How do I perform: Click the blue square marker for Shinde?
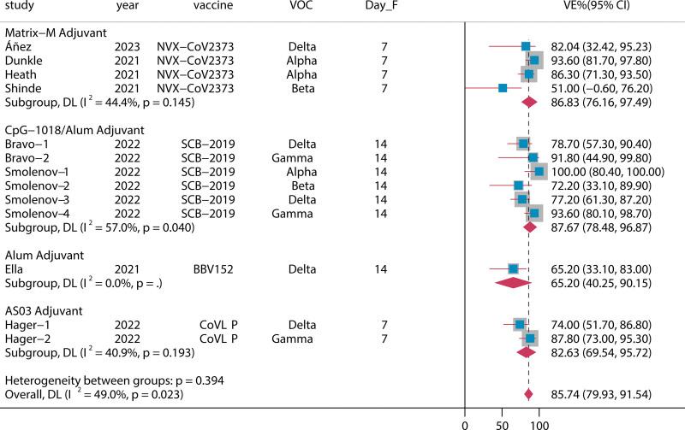click(x=503, y=88)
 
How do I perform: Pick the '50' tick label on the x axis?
click(x=501, y=422)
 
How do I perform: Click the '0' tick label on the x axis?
click(x=465, y=422)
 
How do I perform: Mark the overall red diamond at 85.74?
click(x=528, y=394)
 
